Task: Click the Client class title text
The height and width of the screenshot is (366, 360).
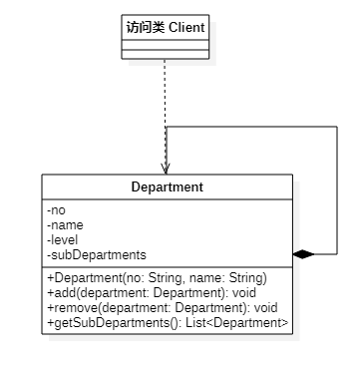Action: coord(166,27)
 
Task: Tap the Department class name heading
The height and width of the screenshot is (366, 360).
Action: coord(167,186)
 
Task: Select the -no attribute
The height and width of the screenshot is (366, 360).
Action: coord(56,210)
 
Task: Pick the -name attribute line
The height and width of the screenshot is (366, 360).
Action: coord(65,225)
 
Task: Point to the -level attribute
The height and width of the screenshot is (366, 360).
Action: coord(63,239)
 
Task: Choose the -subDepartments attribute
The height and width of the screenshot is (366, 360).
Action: coord(97,255)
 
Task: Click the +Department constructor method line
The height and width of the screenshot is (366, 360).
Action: coord(158,278)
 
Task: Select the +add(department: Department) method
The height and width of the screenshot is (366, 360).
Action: coord(152,293)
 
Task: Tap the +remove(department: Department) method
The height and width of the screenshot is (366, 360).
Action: coord(163,308)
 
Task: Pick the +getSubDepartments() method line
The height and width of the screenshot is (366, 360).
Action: coord(168,323)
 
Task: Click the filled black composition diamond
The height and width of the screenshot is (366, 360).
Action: coord(303,254)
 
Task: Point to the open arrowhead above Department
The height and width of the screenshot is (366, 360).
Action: coord(166,169)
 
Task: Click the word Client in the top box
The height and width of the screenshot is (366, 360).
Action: coord(186,27)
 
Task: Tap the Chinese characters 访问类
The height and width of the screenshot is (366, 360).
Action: coord(146,27)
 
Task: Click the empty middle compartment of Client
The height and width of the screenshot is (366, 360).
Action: coord(166,45)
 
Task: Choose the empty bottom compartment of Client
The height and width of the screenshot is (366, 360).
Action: coord(166,54)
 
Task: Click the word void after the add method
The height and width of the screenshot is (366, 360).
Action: coord(244,293)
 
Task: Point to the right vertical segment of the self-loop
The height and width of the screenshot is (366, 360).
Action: coord(337,190)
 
